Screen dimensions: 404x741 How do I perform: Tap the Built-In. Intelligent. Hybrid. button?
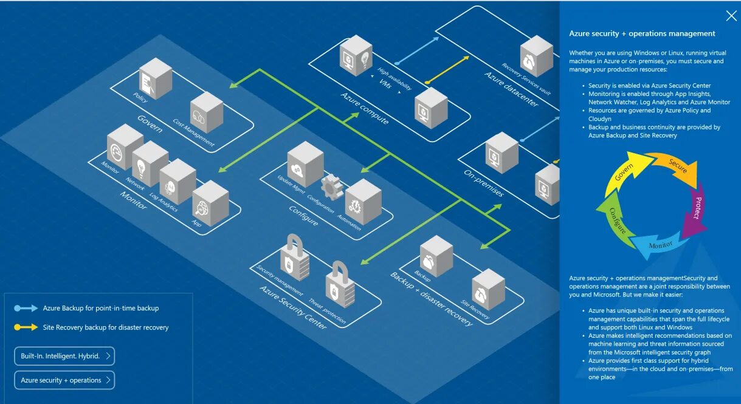64,356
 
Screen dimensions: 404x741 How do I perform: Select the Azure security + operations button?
64,380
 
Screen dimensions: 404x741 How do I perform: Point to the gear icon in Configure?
332,187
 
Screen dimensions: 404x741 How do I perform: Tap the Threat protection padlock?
340,284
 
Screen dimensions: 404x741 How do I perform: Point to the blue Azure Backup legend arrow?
26,308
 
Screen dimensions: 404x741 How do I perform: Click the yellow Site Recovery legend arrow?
26,327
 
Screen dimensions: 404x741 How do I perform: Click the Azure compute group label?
364,108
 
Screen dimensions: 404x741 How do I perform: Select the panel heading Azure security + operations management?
642,33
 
